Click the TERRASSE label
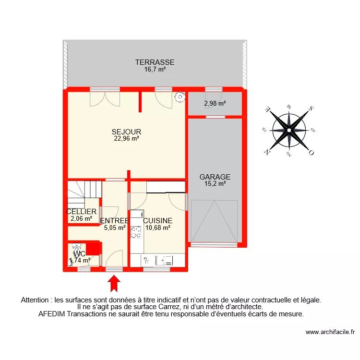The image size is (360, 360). click(x=154, y=62)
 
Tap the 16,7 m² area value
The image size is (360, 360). click(x=154, y=70)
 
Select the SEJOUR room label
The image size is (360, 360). click(x=126, y=132)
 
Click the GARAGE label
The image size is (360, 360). click(x=215, y=177)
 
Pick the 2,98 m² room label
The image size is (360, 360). click(x=215, y=103)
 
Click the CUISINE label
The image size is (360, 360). click(x=157, y=221)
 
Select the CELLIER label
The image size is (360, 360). click(x=82, y=212)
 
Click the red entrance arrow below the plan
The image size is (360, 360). click(x=114, y=283)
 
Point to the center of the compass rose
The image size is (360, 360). click(x=289, y=130)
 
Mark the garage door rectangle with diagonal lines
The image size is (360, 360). click(x=214, y=221)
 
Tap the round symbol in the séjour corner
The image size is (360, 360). click(x=180, y=97)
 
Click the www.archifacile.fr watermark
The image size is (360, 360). click(x=329, y=332)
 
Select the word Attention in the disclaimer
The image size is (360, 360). click(x=36, y=300)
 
